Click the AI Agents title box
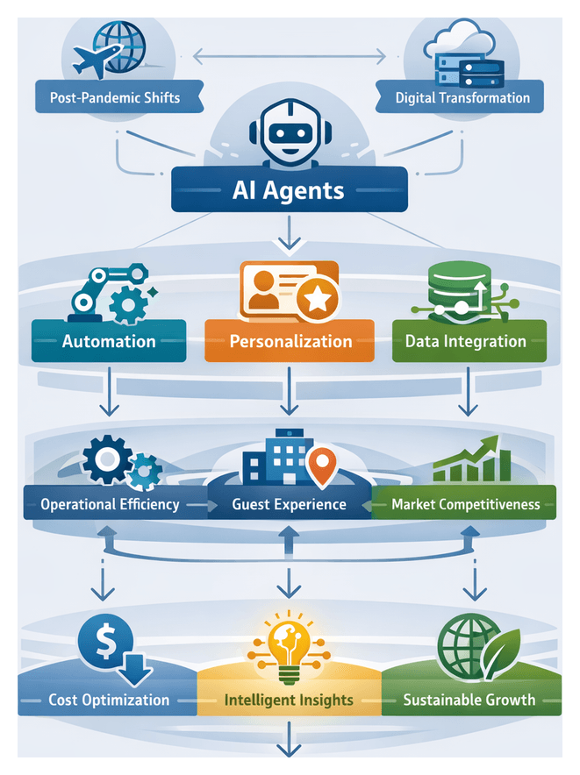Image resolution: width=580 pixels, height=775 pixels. point(289,190)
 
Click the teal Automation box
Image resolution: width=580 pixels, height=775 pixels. point(109,341)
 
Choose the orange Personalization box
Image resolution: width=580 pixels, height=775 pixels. point(290,341)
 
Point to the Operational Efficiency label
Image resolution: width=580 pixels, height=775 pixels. point(110,504)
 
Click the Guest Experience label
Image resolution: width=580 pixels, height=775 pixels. point(289,504)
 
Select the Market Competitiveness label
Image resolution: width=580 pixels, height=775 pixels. point(465,504)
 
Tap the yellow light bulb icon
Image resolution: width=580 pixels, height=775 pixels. point(289,643)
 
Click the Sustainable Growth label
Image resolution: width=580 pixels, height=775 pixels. point(468,700)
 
